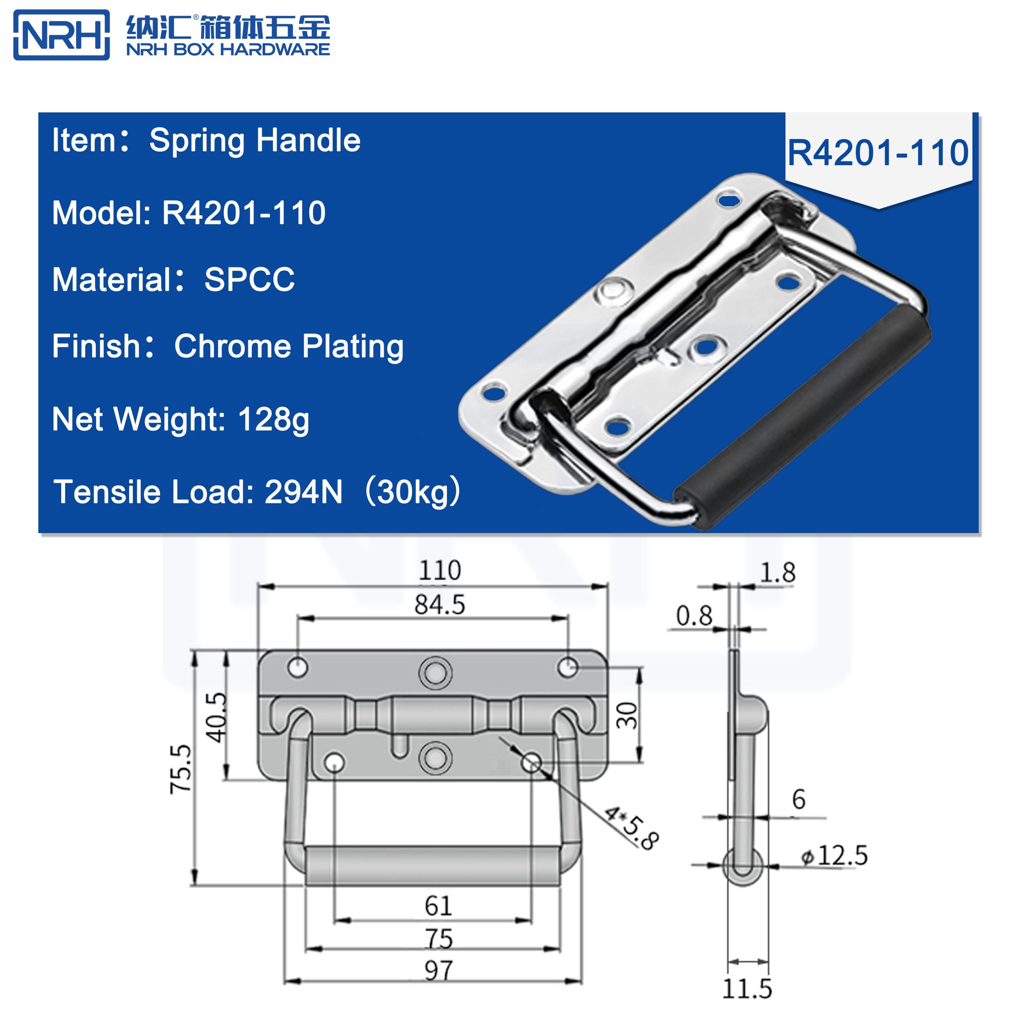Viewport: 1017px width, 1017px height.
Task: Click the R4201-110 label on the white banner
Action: [x=878, y=153]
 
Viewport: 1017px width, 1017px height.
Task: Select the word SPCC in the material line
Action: [x=249, y=280]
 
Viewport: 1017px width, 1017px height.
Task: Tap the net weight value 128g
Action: [x=273, y=420]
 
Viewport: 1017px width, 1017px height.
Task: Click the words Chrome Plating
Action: [x=288, y=346]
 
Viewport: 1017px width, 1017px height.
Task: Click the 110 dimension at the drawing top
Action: [x=439, y=570]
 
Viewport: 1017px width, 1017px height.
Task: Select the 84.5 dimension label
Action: [x=439, y=605]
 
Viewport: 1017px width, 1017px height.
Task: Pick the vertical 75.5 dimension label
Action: [x=180, y=769]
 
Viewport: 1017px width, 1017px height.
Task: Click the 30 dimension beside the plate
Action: [x=627, y=715]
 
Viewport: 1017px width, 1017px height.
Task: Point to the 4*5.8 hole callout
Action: [x=630, y=827]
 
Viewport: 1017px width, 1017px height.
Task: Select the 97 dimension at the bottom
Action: [x=438, y=971]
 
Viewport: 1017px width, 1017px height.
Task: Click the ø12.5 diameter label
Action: [x=834, y=855]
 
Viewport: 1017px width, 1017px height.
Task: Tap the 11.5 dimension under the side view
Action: [x=746, y=988]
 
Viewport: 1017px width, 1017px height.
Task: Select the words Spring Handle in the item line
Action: [x=255, y=141]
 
